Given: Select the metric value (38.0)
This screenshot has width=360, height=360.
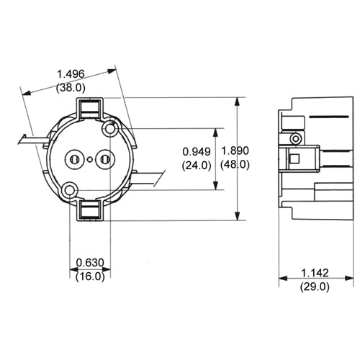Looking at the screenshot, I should pos(71,87).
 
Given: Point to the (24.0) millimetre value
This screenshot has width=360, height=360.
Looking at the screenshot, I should pos(197,165).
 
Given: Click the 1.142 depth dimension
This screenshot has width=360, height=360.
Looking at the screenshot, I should pos(315,273).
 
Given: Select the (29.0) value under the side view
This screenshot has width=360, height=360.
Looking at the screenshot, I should pos(315,287).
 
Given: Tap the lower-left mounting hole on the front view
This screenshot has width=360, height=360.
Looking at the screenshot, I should pos(70,190).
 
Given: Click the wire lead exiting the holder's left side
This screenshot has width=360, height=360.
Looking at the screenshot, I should pos(32,139).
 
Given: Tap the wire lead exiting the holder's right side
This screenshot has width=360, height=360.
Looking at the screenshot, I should pos(147,177).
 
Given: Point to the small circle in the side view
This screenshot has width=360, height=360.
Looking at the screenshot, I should pos(295,138).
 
